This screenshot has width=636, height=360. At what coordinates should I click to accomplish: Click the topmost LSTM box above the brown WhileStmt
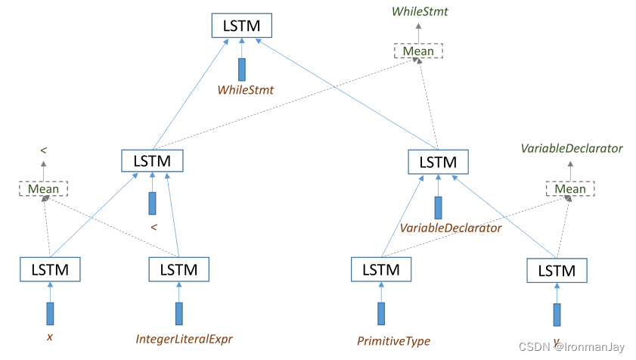click(x=242, y=26)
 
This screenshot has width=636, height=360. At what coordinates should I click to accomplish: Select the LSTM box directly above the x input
click(x=50, y=269)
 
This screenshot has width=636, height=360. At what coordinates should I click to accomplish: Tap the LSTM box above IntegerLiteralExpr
click(x=178, y=269)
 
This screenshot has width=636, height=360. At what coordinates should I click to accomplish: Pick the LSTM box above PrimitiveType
click(x=381, y=269)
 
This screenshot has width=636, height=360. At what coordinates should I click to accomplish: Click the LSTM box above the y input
click(x=557, y=271)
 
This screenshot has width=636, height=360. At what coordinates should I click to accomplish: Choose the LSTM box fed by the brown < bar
click(x=152, y=161)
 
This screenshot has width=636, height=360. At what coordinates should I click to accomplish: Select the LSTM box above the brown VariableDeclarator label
click(x=438, y=162)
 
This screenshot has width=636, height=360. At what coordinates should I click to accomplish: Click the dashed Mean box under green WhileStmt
click(x=418, y=51)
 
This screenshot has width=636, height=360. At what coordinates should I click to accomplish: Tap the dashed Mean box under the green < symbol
click(x=43, y=188)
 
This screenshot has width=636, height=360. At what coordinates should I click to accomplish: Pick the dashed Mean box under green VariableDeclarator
click(x=570, y=188)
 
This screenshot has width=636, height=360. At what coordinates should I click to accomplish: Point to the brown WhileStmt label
click(x=245, y=90)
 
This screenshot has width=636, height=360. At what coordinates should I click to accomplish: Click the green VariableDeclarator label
click(x=571, y=148)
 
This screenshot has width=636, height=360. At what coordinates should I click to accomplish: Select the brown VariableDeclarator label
click(x=451, y=228)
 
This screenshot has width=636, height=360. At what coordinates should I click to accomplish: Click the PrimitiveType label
click(x=393, y=341)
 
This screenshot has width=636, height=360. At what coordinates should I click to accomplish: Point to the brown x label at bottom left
click(x=50, y=337)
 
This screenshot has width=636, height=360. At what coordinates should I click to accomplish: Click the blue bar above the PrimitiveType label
click(x=381, y=313)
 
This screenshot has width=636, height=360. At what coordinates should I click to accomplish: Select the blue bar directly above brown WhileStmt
click(x=242, y=69)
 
